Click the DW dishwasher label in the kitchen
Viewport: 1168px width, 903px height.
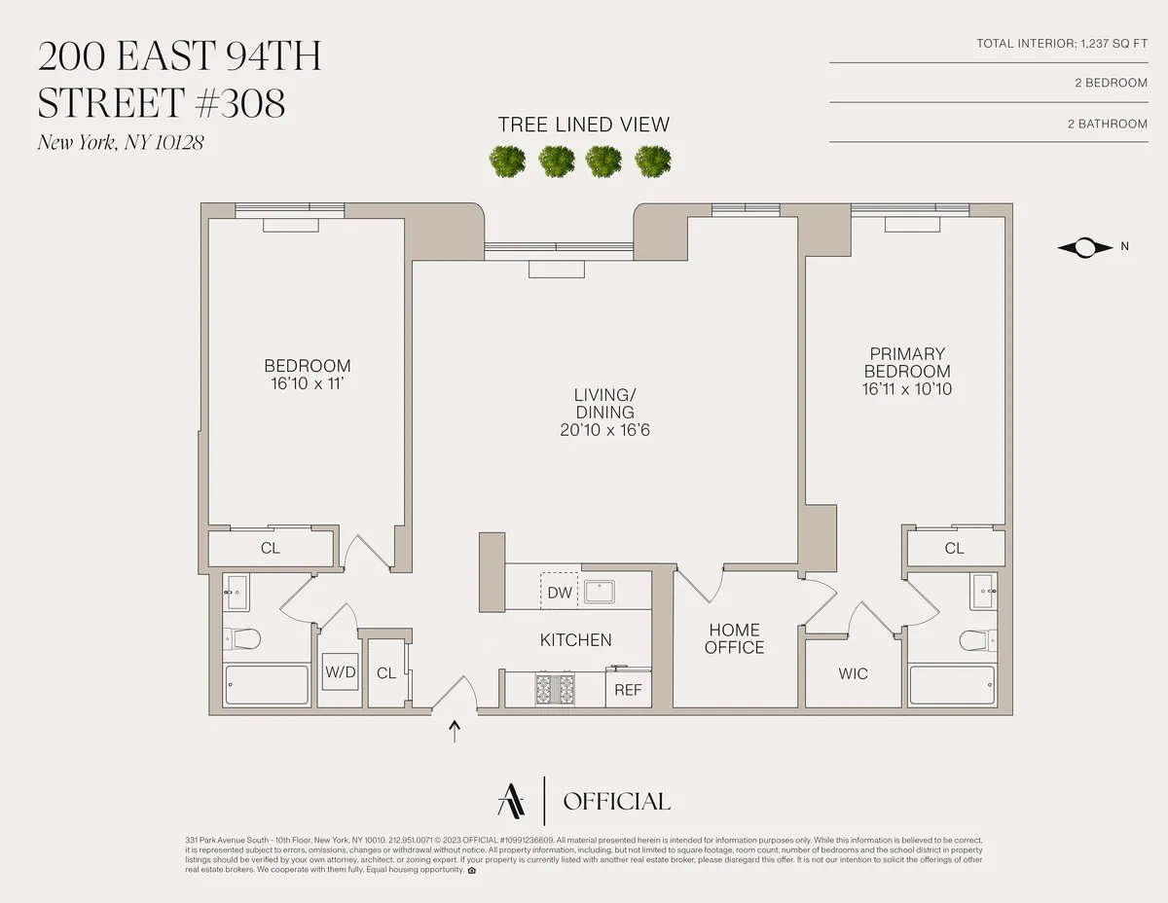[559, 592]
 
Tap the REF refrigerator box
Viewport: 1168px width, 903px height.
[628, 690]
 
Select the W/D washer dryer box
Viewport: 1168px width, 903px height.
[339, 672]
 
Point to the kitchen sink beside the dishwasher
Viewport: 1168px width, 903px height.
[599, 590]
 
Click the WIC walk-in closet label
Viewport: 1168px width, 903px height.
[853, 673]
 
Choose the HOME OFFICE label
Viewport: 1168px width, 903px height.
[735, 639]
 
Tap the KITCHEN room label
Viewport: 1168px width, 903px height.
[576, 640]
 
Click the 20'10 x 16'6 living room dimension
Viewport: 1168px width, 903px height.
[604, 429]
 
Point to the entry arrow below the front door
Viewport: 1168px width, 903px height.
[455, 731]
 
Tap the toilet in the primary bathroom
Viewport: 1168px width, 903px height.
[975, 639]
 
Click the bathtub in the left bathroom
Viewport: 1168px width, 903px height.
[267, 685]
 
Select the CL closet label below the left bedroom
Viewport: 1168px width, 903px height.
[271, 548]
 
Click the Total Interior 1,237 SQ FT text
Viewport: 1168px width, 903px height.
[1062, 44]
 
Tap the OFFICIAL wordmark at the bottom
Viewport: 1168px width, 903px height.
[617, 802]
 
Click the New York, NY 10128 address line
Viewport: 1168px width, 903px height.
[121, 143]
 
